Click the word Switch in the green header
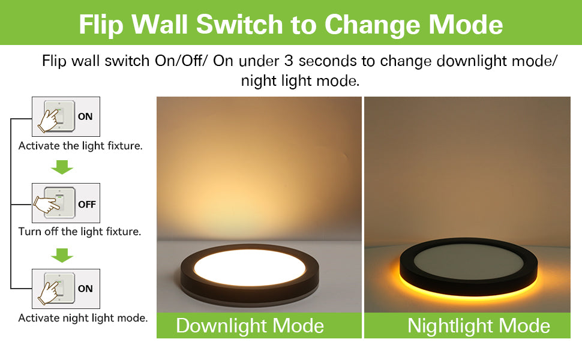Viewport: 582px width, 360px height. coord(239,25)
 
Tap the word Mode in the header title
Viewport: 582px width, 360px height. coord(466,25)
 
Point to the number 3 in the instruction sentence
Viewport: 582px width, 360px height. coord(289,61)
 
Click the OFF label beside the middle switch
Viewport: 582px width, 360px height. coord(87,204)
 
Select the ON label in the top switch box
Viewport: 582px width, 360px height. coord(85,116)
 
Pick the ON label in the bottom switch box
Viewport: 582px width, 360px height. coord(85,289)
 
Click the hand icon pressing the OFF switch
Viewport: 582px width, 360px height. coord(47,205)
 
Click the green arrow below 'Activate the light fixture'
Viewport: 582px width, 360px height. coord(62,167)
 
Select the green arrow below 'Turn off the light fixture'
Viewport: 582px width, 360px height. coord(62,255)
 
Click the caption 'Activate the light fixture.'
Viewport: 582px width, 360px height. coord(80,146)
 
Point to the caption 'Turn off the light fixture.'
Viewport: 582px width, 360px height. coord(80,232)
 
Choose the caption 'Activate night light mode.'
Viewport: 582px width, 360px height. coord(83,318)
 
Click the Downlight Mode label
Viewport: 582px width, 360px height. coord(250,326)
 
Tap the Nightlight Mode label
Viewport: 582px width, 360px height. coord(478,326)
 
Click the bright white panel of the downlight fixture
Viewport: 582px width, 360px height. coord(250,267)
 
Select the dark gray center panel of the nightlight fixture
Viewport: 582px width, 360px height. coord(469,263)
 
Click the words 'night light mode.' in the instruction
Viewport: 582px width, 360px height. coord(300,81)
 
